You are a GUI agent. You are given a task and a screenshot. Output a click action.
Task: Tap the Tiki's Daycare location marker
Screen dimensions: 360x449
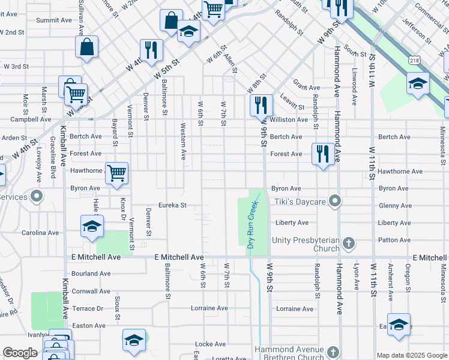(335, 200)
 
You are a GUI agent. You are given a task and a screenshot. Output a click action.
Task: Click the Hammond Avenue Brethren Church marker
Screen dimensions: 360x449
(333, 353)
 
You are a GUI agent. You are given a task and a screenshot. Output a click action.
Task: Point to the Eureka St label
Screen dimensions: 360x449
(172, 205)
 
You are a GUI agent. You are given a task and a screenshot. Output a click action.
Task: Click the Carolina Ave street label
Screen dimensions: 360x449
(40, 232)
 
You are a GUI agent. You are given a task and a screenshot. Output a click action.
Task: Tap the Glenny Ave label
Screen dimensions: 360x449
(395, 206)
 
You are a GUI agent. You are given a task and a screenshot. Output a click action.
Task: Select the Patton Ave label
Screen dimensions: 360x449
(394, 240)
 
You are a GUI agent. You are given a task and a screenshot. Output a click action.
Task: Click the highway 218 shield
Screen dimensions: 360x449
(414, 61)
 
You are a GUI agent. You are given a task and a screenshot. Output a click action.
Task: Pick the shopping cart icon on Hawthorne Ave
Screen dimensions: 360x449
(116, 173)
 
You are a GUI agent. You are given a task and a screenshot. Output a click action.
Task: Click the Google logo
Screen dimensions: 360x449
(20, 353)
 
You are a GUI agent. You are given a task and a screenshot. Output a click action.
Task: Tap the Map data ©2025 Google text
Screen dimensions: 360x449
(411, 355)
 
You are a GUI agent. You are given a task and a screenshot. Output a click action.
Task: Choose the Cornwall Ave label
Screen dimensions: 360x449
(91, 291)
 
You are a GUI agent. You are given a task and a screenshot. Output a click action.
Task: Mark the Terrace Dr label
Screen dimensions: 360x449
(88, 308)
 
